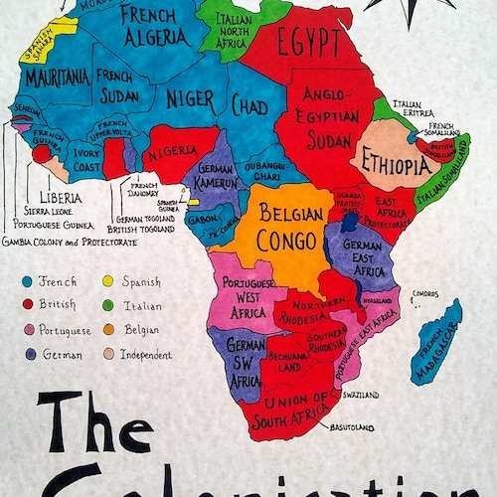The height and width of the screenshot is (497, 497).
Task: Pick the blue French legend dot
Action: (27, 281)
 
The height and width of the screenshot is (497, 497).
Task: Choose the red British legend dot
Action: (27, 305)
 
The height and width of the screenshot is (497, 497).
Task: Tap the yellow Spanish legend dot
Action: (106, 281)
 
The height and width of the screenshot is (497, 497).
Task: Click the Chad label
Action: (250, 104)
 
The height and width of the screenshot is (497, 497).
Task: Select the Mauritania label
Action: (55, 77)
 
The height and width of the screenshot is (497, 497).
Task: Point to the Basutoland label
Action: (353, 427)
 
